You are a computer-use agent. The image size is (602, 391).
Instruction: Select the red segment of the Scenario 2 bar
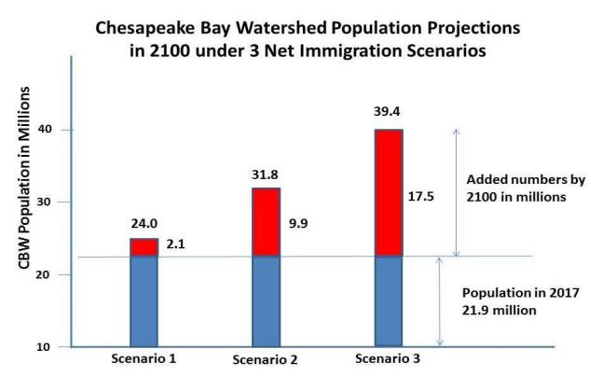pos(266,222)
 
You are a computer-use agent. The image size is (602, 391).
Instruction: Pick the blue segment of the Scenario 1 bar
pos(144,300)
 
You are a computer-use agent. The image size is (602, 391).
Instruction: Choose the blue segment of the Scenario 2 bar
pos(266,300)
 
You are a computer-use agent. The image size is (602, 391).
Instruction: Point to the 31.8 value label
pos(265,176)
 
